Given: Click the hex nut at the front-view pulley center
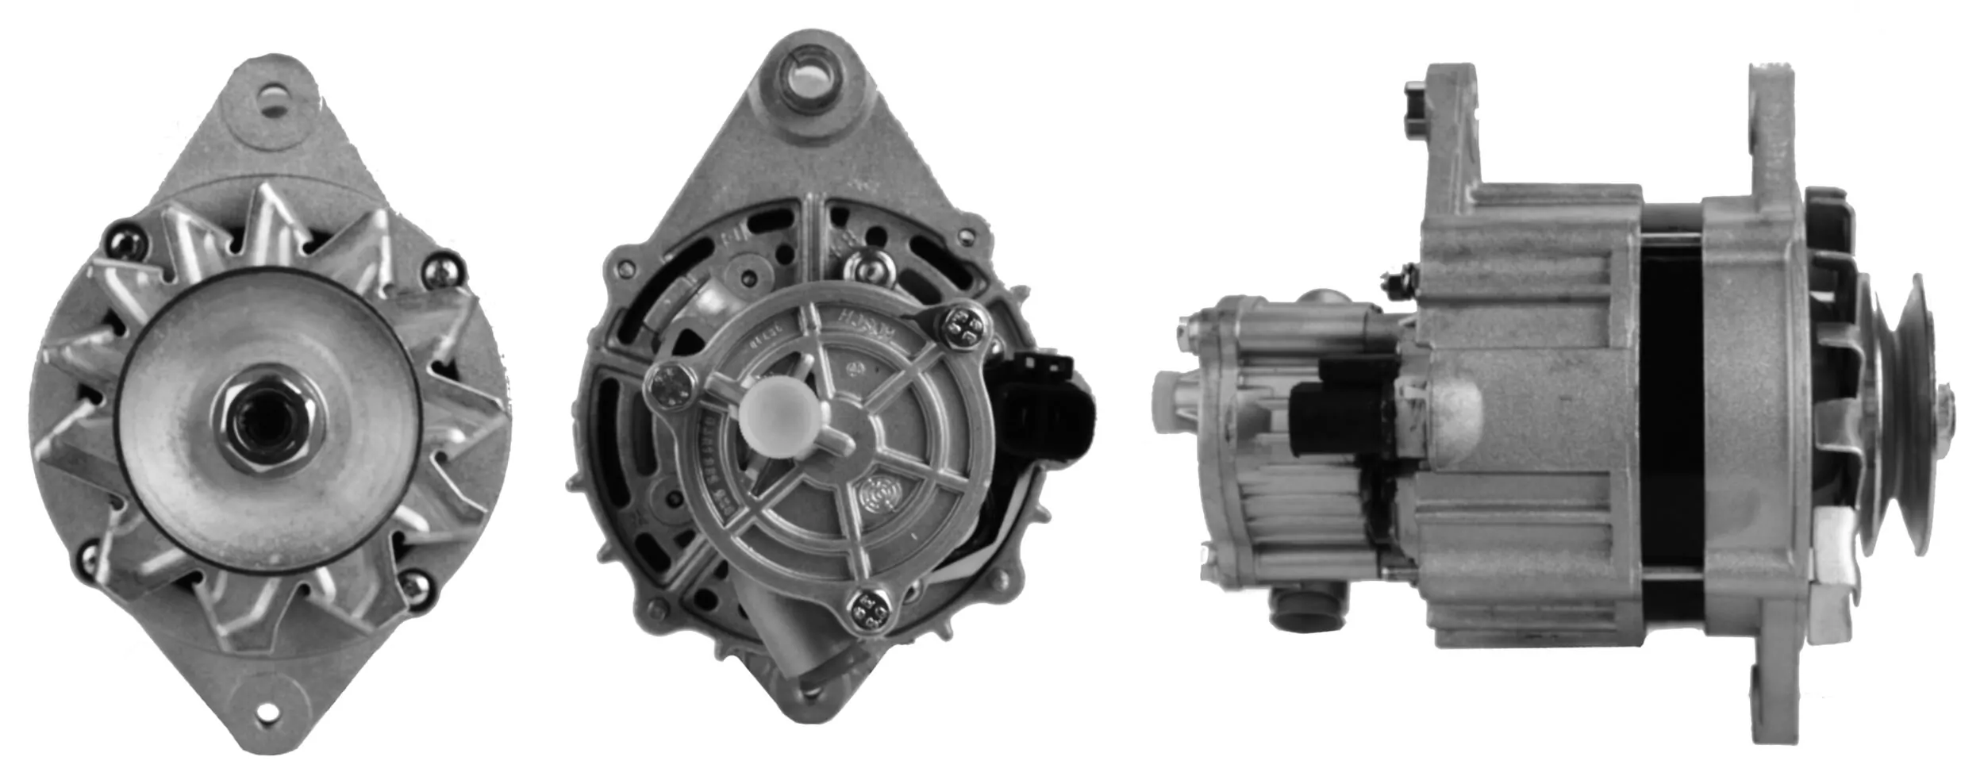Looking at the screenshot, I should pos(268,418).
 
